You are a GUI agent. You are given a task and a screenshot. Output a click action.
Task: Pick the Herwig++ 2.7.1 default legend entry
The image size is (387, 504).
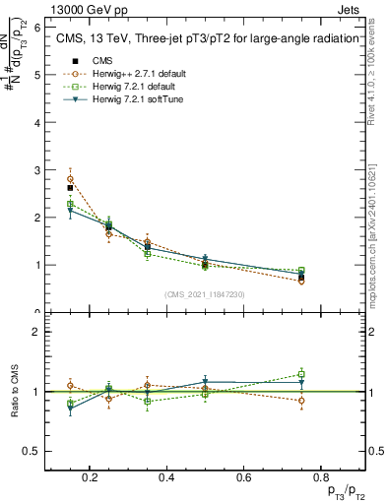coord(127,74)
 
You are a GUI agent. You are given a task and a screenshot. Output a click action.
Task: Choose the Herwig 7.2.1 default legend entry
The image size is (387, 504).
coord(125,87)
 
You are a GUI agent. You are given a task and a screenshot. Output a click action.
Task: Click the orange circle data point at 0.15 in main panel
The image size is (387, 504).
coord(70,179)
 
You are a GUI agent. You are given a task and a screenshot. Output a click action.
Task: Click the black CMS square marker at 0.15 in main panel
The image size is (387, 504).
coord(70,188)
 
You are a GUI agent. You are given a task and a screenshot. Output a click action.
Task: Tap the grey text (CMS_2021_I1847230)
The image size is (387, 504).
coord(205,294)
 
